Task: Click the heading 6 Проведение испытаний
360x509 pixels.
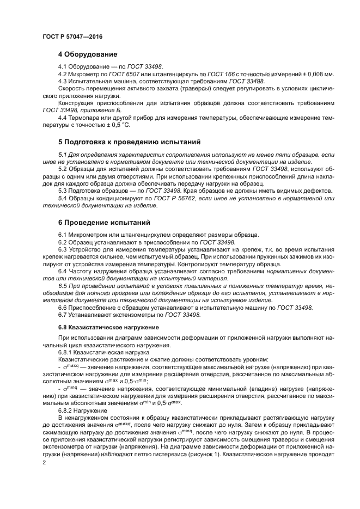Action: (104, 222)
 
